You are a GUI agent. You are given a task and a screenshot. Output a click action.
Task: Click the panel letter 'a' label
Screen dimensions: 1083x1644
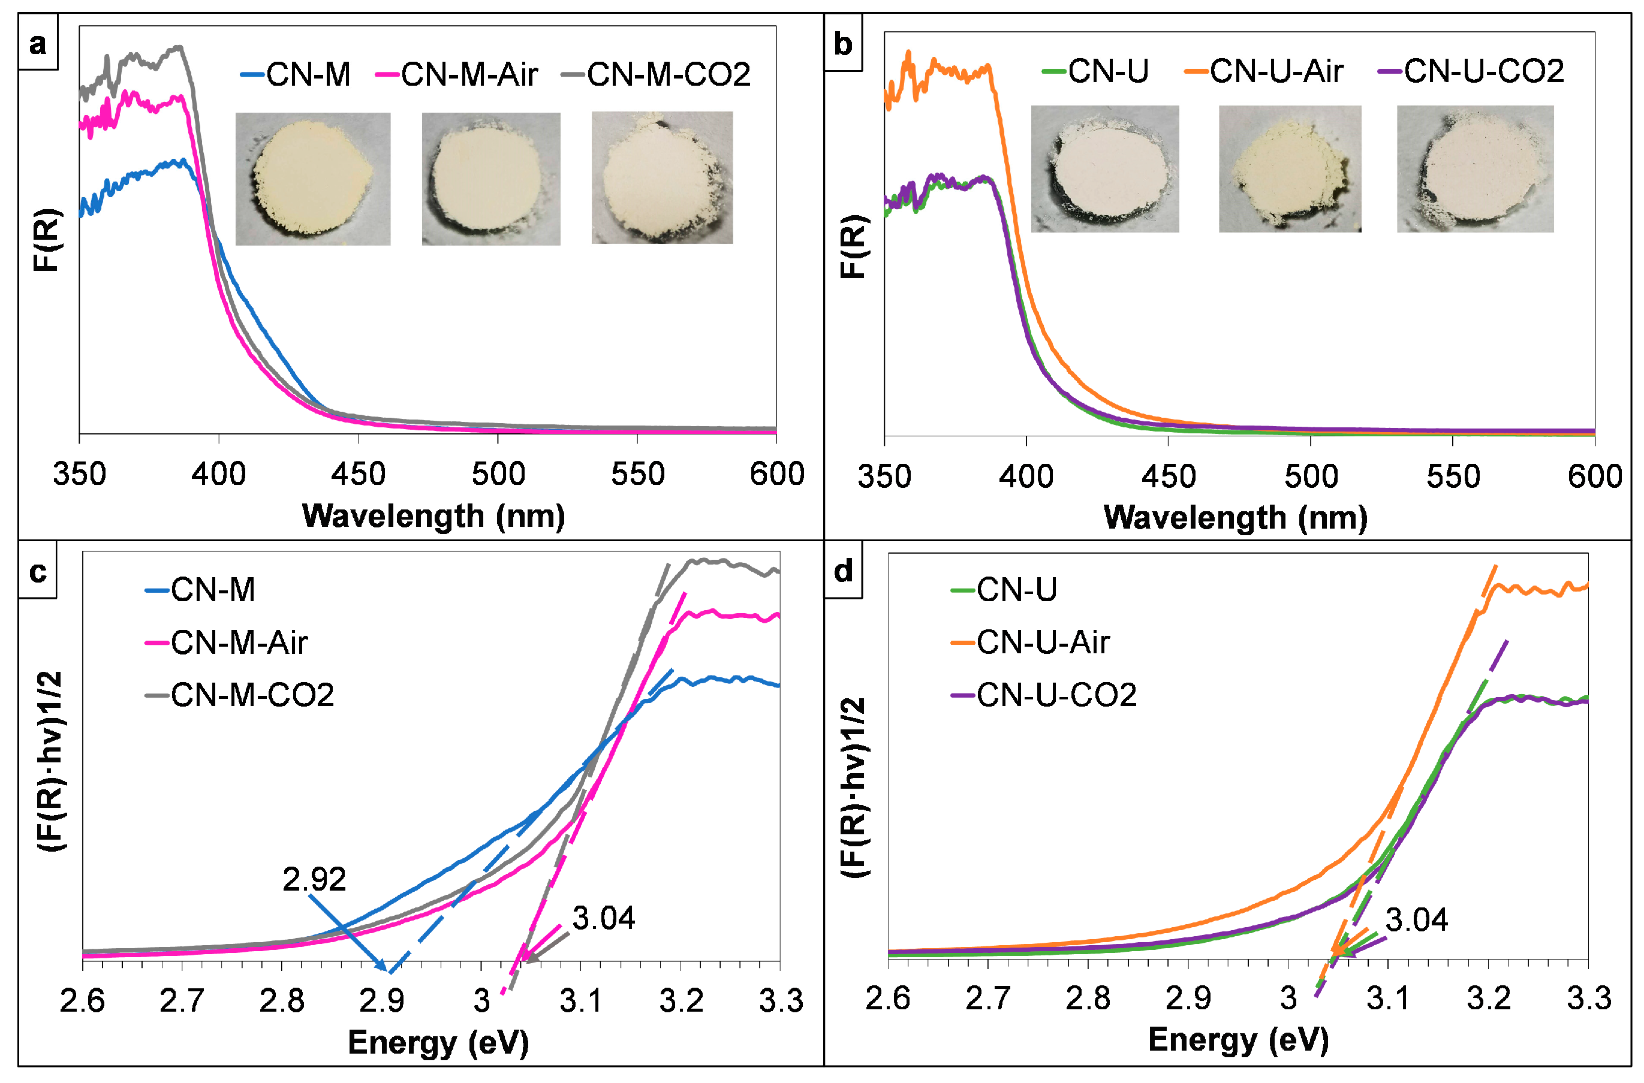pyautogui.click(x=38, y=44)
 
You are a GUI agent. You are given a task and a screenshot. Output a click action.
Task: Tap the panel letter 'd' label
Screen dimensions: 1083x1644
pyautogui.click(x=843, y=572)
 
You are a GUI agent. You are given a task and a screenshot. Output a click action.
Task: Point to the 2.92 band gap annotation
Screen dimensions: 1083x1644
pyautogui.click(x=314, y=879)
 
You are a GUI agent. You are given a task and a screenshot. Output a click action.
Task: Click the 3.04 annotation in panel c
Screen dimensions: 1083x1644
pyautogui.click(x=603, y=919)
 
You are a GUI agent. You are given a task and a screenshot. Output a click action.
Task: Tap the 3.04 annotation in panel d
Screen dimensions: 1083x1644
pyautogui.click(x=1416, y=920)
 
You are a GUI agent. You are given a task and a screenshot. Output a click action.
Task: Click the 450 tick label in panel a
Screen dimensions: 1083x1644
pyautogui.click(x=358, y=475)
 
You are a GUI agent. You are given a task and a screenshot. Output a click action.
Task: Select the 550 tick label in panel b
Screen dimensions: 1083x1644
pyautogui.click(x=1453, y=476)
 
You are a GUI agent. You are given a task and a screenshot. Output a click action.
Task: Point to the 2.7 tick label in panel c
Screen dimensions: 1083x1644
pyautogui.click(x=182, y=1001)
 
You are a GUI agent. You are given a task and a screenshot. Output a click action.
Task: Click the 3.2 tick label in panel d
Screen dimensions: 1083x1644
pyautogui.click(x=1489, y=998)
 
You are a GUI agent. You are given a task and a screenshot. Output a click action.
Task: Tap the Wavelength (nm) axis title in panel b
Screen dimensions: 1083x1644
pyautogui.click(x=1235, y=518)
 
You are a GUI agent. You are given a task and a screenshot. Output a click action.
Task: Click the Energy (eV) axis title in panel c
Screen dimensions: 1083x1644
pyautogui.click(x=438, y=1042)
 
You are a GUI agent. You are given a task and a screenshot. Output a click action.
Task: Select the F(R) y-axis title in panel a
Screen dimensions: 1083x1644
pyautogui.click(x=47, y=240)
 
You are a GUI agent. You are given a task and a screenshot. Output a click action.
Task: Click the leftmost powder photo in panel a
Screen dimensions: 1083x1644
pyautogui.click(x=313, y=179)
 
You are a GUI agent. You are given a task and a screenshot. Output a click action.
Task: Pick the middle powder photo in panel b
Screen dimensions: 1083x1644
pyautogui.click(x=1290, y=169)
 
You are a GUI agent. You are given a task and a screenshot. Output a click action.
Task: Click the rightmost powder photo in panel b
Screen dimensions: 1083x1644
pyautogui.click(x=1475, y=169)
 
